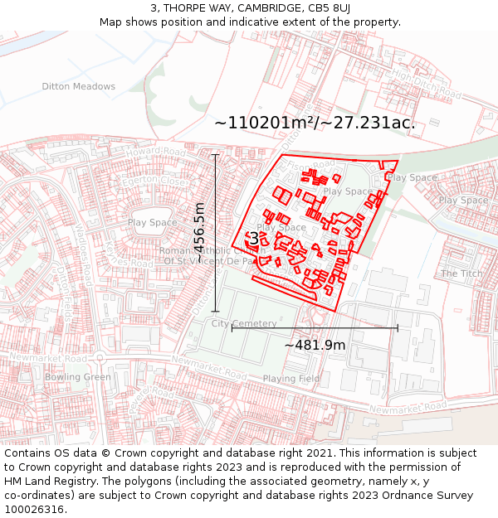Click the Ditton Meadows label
[79, 86]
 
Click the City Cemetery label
[244, 323]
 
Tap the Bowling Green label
[78, 377]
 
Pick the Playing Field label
[290, 379]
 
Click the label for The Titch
[461, 274]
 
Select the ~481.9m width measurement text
[315, 345]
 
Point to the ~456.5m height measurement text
[199, 234]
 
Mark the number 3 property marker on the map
[253, 239]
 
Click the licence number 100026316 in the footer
[34, 510]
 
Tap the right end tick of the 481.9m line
[398, 328]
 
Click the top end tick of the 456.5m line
[216, 155]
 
